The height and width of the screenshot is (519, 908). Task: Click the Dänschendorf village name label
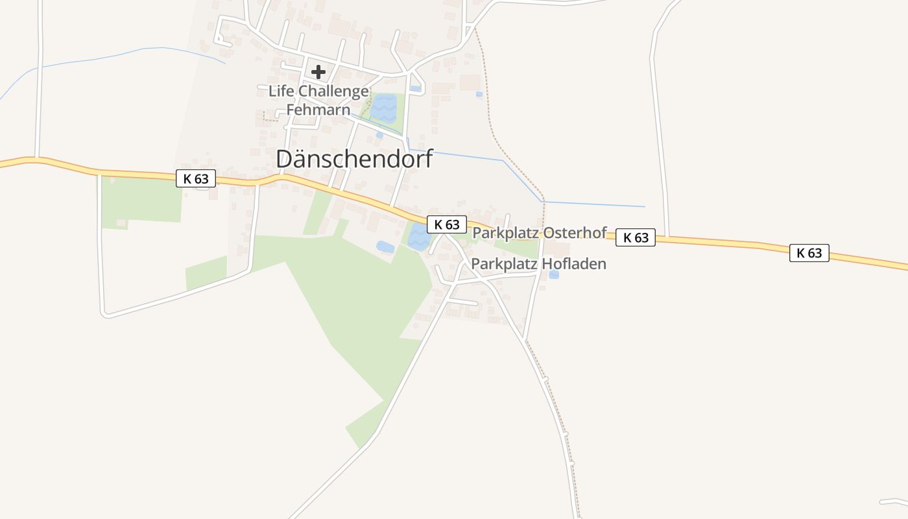pyautogui.click(x=354, y=159)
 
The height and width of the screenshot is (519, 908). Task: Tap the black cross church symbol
pyautogui.click(x=318, y=71)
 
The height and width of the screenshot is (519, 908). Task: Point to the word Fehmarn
pyautogui.click(x=318, y=110)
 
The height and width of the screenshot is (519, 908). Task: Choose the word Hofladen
pyautogui.click(x=576, y=264)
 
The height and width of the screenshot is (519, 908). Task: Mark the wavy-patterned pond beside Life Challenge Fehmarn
pyautogui.click(x=383, y=108)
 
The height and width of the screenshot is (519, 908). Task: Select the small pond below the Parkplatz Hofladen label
pyautogui.click(x=553, y=275)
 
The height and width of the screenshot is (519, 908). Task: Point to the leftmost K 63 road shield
pyautogui.click(x=196, y=178)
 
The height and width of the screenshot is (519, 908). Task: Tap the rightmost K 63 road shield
pyautogui.click(x=809, y=253)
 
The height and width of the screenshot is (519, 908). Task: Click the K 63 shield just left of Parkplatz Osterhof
pyautogui.click(x=447, y=224)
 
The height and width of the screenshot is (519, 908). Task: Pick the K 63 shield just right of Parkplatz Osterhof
pyautogui.click(x=636, y=237)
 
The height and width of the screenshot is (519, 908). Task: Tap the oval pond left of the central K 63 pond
pyautogui.click(x=385, y=247)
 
